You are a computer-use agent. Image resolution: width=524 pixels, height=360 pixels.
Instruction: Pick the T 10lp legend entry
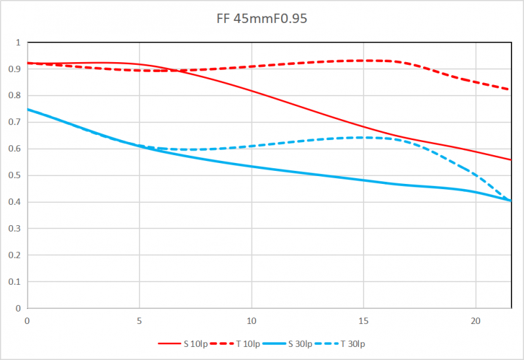(x=246, y=343)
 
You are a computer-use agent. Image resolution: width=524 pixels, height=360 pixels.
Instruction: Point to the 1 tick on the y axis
(x=18, y=43)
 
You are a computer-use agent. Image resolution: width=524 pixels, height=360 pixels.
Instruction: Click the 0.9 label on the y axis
(x=15, y=69)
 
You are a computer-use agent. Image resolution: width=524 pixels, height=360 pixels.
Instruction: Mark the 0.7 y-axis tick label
(x=15, y=122)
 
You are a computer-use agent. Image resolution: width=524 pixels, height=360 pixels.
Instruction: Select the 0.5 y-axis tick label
(x=15, y=175)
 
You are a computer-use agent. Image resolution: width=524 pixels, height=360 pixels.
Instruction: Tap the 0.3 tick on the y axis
(x=15, y=228)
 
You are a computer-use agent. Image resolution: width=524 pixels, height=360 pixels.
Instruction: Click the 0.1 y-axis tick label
(x=15, y=281)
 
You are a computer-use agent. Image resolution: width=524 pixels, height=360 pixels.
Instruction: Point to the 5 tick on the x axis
(x=139, y=320)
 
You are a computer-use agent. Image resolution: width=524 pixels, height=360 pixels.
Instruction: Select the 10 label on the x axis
(x=251, y=320)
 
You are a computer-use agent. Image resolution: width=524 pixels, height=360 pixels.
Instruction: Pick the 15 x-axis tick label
(x=363, y=320)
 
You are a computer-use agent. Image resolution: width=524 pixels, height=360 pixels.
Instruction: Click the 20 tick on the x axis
(x=475, y=320)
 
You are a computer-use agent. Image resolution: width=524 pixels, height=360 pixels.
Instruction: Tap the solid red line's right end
(x=510, y=160)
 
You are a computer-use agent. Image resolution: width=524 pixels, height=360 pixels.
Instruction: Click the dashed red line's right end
(x=510, y=90)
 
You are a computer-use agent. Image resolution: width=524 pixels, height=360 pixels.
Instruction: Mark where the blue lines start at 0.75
(x=28, y=109)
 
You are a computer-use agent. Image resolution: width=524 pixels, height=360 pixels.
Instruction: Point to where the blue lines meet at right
(x=510, y=200)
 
